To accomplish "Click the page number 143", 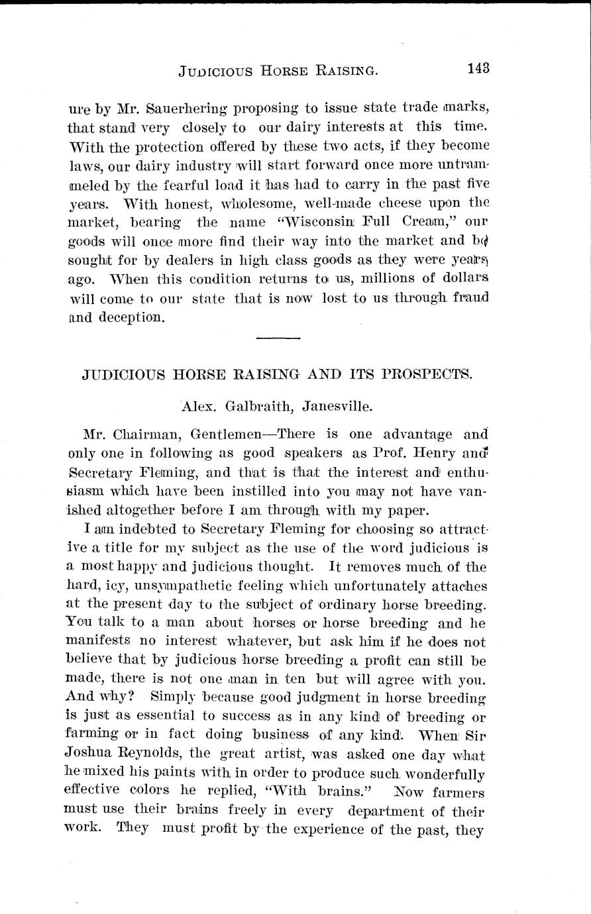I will (x=478, y=68).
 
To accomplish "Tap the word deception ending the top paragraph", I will (x=130, y=317).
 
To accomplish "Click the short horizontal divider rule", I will (x=278, y=338).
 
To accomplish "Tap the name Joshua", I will (x=89, y=756).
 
